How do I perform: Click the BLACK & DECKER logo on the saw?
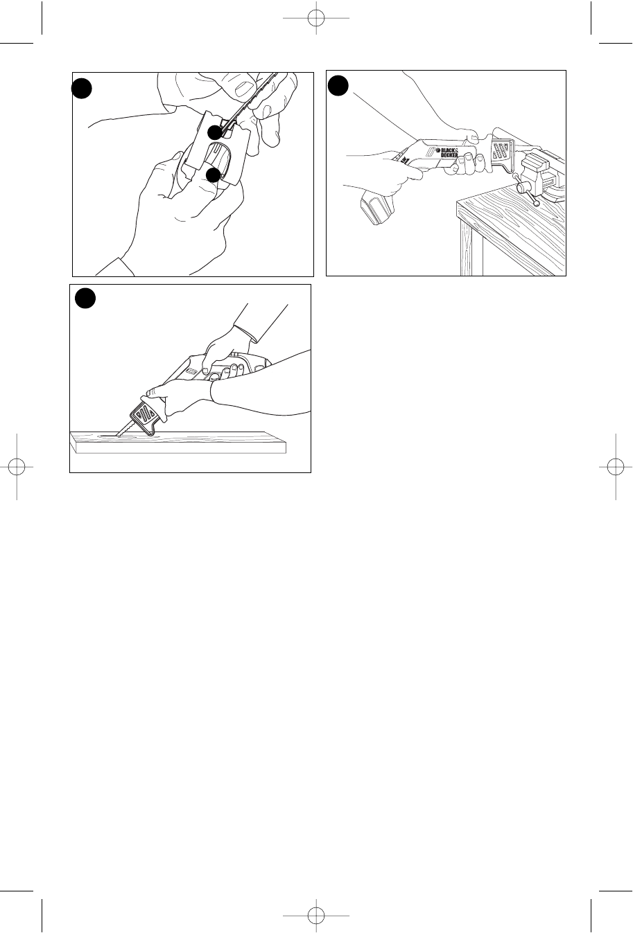(x=446, y=152)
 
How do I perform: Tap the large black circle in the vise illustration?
(x=338, y=85)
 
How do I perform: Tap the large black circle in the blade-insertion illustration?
(x=81, y=88)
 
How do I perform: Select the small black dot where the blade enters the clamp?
(x=215, y=132)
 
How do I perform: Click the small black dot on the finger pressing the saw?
(x=213, y=175)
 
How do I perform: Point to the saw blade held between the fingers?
(x=250, y=103)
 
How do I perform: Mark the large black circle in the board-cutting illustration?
(x=85, y=299)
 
